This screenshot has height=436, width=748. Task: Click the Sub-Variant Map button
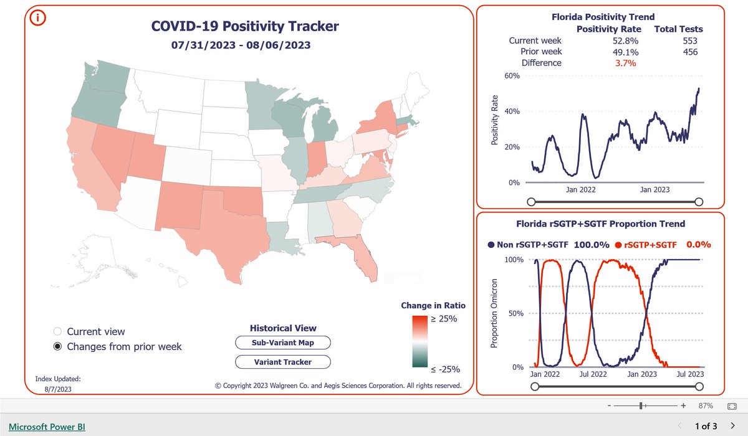click(x=282, y=343)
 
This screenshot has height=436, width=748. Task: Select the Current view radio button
click(x=58, y=331)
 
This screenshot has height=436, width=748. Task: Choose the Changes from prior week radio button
click(x=58, y=346)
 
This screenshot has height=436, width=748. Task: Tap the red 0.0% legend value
click(x=698, y=245)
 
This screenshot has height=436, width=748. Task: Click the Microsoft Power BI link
click(x=47, y=427)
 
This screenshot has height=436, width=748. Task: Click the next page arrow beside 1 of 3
click(x=733, y=426)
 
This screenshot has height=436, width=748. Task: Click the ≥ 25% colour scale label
click(x=444, y=318)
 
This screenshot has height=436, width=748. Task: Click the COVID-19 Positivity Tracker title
click(x=245, y=26)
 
